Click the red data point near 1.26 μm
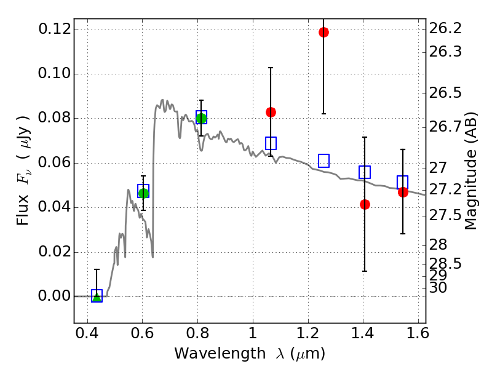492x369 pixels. (323, 32)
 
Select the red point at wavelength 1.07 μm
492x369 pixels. (271, 112)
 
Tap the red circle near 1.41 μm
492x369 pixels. (365, 204)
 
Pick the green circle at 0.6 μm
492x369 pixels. (143, 193)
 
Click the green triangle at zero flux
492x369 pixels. (97, 297)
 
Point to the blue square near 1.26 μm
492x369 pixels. (323, 161)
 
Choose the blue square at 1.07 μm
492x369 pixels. (271, 143)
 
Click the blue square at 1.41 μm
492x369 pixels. (365, 172)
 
